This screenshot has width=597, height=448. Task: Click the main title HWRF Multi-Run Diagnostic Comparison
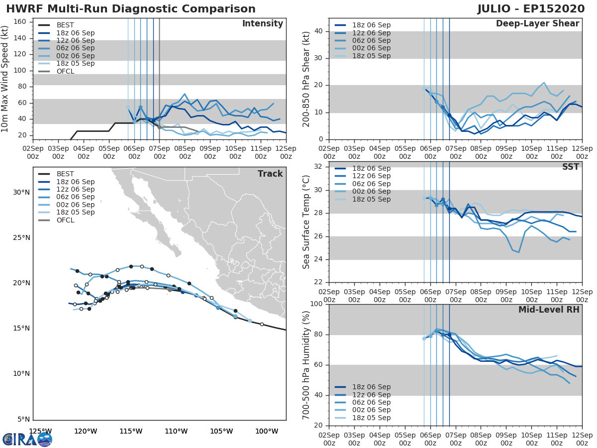point(131,9)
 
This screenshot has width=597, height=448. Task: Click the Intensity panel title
point(262,24)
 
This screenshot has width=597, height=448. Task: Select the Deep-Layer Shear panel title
point(537,24)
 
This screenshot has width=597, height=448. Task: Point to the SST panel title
point(570,167)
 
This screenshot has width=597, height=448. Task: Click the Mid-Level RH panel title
point(549,310)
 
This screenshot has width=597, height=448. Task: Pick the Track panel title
point(270,174)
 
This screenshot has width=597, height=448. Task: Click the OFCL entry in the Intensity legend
point(66,71)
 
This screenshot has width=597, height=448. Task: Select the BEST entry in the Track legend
point(65,174)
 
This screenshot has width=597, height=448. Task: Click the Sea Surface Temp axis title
point(307,222)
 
